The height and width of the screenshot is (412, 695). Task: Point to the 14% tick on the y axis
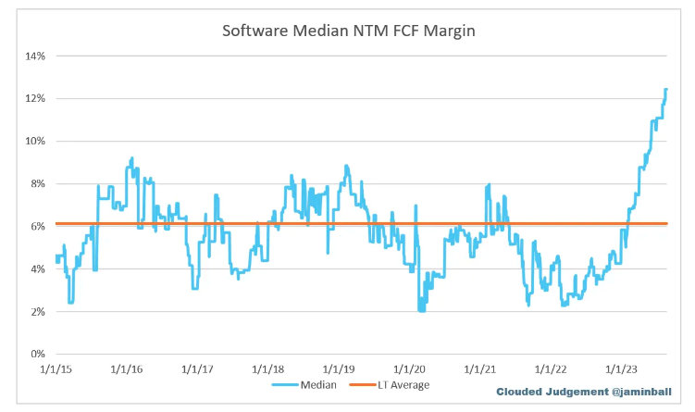35,56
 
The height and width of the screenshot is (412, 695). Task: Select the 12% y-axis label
35,98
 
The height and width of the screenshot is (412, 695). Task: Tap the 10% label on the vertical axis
35,141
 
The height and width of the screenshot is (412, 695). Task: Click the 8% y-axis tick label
38,183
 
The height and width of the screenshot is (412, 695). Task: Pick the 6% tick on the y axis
38,226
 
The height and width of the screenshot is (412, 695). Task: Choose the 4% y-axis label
38,268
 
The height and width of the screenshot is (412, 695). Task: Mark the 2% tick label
38,311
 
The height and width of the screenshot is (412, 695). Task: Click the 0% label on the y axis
38,354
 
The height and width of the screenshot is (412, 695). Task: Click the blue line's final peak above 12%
665,90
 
